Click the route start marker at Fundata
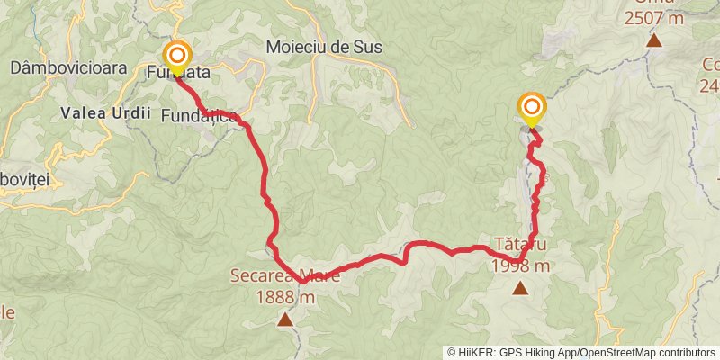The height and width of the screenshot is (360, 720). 177,56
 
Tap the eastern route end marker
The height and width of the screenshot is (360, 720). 531,108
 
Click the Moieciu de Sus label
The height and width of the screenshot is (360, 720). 325,47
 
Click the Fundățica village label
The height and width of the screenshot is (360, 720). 199,116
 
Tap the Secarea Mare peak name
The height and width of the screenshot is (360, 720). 284,276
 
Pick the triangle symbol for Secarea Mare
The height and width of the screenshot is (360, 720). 284,319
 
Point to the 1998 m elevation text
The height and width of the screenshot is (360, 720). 520,265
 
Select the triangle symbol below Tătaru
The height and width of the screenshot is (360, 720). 520,288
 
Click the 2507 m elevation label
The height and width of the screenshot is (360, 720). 653,17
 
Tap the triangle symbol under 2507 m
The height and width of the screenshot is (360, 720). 654,40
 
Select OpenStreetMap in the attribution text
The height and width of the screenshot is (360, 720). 622,353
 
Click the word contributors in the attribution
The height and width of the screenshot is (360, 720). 688,353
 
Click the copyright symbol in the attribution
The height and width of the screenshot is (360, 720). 452,353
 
